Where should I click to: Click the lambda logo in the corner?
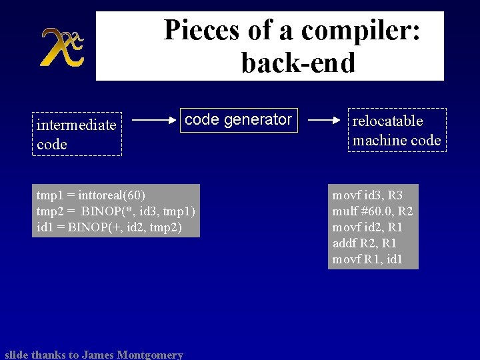click(61, 47)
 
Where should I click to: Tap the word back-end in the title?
click(298, 63)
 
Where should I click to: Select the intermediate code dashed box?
click(77, 134)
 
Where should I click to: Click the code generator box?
click(238, 120)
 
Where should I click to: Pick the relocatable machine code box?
click(397, 130)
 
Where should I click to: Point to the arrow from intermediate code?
click(155, 121)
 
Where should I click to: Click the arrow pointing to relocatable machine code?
click(325, 121)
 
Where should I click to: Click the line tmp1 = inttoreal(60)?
click(91, 195)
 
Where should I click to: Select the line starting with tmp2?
click(115, 211)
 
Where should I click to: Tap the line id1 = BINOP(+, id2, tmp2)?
click(109, 227)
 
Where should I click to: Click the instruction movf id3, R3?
click(367, 195)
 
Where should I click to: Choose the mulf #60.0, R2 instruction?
click(373, 211)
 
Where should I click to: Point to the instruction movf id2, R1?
click(367, 227)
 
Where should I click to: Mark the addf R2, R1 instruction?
click(364, 243)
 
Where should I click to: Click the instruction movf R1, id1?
click(367, 259)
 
